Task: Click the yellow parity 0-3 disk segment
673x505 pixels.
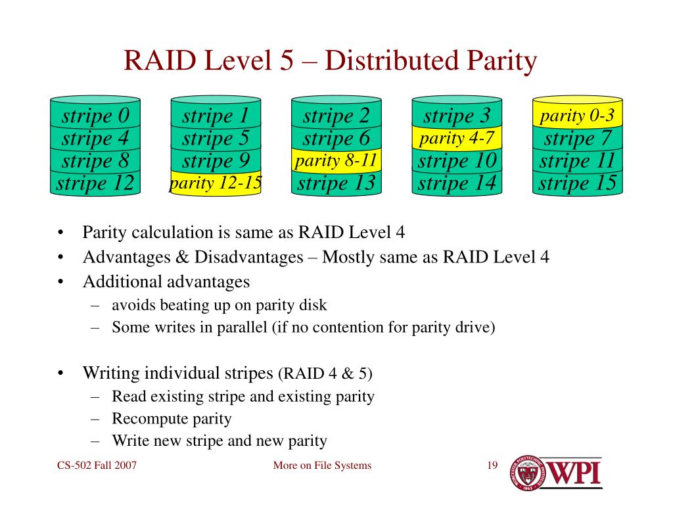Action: [577, 116]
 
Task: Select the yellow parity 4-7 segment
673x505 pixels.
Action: [457, 139]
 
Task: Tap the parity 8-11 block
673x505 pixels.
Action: [336, 161]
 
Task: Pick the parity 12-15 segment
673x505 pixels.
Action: [216, 183]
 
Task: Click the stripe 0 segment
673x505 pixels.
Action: [95, 116]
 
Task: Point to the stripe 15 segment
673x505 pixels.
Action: [577, 183]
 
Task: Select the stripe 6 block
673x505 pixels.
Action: [336, 139]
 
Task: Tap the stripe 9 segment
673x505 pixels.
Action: [216, 161]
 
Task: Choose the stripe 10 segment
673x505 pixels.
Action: [457, 161]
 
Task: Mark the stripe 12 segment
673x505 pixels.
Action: [95, 183]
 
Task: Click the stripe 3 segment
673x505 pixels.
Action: [457, 116]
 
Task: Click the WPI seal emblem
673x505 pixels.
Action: [531, 473]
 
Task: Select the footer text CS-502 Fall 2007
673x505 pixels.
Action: [97, 466]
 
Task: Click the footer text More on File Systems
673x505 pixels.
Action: [322, 466]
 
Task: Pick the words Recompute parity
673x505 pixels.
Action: [172, 419]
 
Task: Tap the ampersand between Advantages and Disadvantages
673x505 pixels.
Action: [182, 256]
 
